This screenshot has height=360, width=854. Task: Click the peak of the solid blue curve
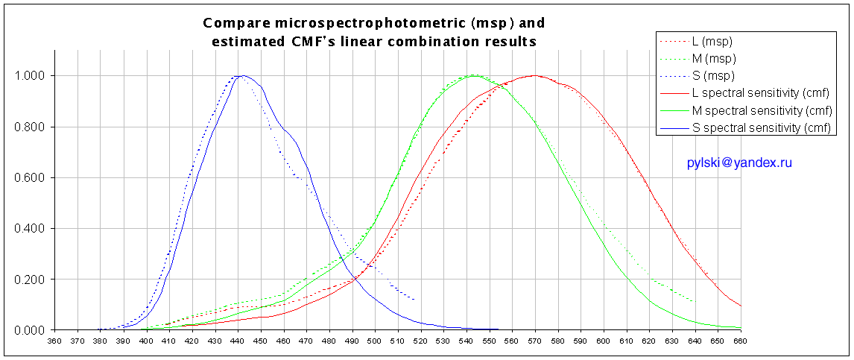[x=243, y=75]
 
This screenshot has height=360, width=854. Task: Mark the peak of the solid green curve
[x=474, y=75]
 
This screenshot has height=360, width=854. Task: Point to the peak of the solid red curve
[x=534, y=75]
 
